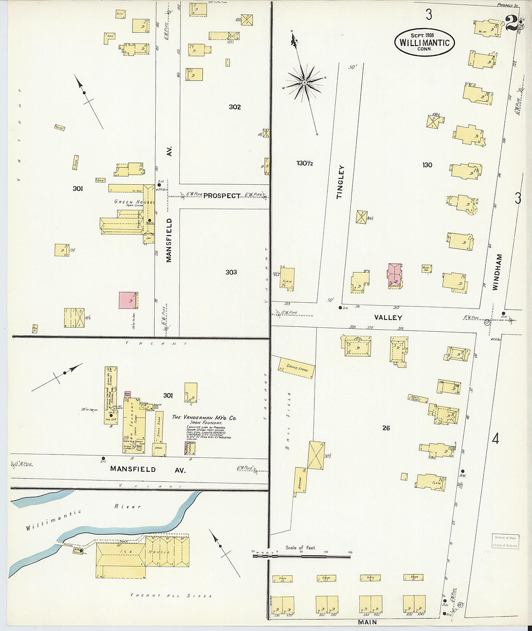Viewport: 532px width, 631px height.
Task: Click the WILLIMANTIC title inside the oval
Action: click(425, 43)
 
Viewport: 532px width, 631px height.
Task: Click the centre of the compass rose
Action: click(305, 83)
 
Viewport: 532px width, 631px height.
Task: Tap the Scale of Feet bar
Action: click(301, 557)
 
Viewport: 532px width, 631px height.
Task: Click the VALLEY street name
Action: click(388, 318)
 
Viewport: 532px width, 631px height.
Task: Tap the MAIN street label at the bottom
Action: click(367, 621)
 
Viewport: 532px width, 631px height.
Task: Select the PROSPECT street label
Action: click(222, 196)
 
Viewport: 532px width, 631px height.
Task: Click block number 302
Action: click(235, 107)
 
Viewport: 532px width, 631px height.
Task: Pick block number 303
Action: click(231, 272)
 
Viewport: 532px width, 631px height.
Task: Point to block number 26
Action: click(386, 428)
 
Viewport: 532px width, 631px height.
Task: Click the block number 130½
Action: click(305, 163)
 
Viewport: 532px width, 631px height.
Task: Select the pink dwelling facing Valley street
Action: click(395, 275)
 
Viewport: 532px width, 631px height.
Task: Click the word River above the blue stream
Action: click(127, 506)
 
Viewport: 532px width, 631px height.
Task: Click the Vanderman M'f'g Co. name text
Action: click(204, 417)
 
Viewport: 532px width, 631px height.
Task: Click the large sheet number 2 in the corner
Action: click(510, 23)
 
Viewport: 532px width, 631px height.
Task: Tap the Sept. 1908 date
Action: click(422, 35)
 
